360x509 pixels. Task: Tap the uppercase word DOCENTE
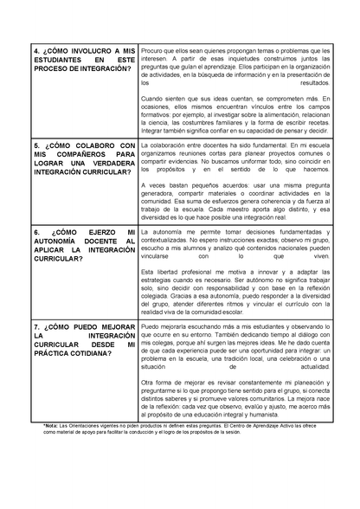98,242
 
